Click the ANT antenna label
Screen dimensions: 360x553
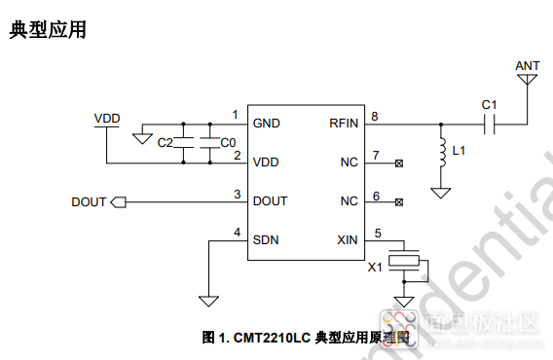pyautogui.click(x=527, y=66)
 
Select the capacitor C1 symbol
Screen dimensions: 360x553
pyautogui.click(x=490, y=124)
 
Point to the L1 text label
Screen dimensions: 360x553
pyautogui.click(x=461, y=152)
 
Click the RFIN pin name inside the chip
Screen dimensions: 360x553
pyautogui.click(x=344, y=124)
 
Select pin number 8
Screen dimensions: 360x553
pyautogui.click(x=375, y=117)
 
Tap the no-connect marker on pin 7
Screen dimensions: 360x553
pyautogui.click(x=398, y=162)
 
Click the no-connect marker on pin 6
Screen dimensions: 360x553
pyautogui.click(x=398, y=202)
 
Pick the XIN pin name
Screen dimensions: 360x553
pyautogui.click(x=348, y=240)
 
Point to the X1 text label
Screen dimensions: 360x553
pyautogui.click(x=375, y=268)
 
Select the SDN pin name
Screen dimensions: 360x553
pyautogui.click(x=266, y=240)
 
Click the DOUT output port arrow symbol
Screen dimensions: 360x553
pyautogui.click(x=119, y=202)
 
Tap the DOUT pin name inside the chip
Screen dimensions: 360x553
pyautogui.click(x=270, y=201)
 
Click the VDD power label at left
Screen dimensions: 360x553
pyautogui.click(x=107, y=118)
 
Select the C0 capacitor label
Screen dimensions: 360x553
pyautogui.click(x=227, y=143)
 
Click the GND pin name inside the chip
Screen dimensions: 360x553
pyautogui.click(x=266, y=124)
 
